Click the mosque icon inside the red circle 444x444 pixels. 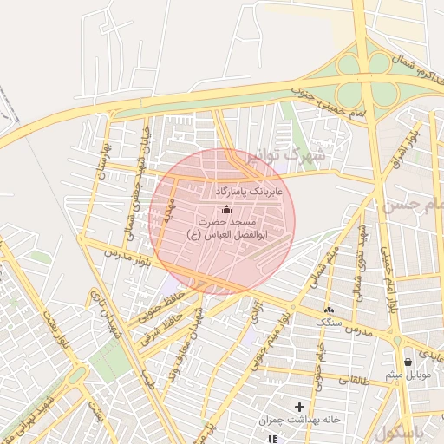tap(227, 209)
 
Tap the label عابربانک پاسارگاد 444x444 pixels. tap(246, 188)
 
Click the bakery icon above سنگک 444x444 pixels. tap(329, 310)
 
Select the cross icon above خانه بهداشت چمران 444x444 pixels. tap(300, 407)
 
